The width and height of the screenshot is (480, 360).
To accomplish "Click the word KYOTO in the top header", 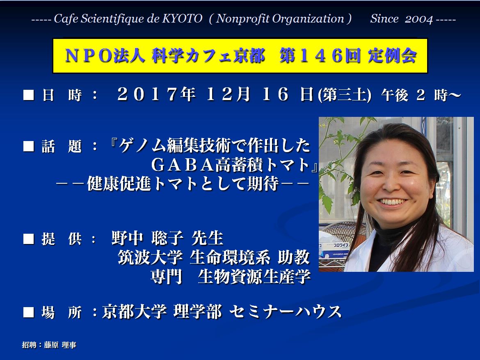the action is pyautogui.click(x=182, y=19).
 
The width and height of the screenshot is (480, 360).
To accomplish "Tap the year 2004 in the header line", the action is pyautogui.click(x=419, y=19).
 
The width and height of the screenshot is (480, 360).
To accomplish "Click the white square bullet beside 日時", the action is pyautogui.click(x=28, y=95).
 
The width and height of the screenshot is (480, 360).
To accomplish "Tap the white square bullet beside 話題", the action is pyautogui.click(x=28, y=146).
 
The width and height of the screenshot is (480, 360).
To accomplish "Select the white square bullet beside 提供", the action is pyautogui.click(x=28, y=239).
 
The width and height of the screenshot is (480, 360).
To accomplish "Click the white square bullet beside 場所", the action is pyautogui.click(x=28, y=312).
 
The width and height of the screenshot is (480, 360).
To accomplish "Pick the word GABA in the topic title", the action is pyautogui.click(x=183, y=165).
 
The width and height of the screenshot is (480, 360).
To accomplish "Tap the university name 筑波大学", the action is pyautogui.click(x=150, y=257).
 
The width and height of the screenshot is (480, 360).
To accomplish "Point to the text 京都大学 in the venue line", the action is pyautogui.click(x=135, y=312).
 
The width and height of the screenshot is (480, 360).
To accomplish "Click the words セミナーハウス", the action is pyautogui.click(x=285, y=312).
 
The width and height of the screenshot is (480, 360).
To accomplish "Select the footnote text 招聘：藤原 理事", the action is pyautogui.click(x=49, y=345).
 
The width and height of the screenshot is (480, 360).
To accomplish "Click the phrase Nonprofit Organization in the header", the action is pyautogui.click(x=280, y=19).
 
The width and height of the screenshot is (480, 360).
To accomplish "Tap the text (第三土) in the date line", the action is pyautogui.click(x=344, y=95).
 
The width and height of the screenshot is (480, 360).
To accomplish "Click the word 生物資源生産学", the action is pyautogui.click(x=254, y=277).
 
